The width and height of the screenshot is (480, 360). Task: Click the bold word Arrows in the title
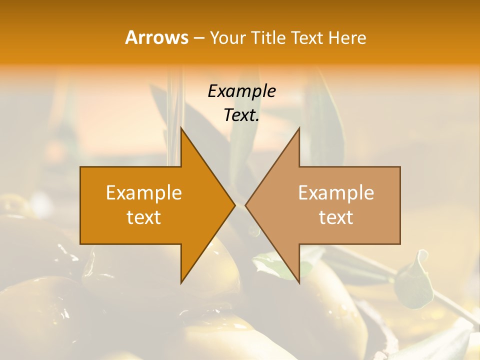coord(156,37)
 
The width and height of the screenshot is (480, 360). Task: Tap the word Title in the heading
coord(268,38)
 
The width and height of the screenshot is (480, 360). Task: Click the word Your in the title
coord(228,38)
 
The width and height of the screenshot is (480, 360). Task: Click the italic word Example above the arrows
coord(241,91)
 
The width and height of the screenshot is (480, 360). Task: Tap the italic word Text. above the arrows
coord(241,115)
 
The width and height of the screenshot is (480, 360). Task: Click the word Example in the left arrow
coord(144,192)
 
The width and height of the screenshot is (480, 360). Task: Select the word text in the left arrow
coord(144,217)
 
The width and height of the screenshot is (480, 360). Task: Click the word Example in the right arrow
coord(336,192)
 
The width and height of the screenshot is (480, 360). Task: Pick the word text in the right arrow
coord(336,217)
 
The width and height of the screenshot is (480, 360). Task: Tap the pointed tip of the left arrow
coord(235,205)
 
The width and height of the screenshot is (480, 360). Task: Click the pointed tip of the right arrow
coord(245,205)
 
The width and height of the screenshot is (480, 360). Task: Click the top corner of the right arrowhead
coord(299,127)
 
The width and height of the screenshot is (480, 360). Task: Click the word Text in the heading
coord(308,38)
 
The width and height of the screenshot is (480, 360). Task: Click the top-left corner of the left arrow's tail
coord(80,167)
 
